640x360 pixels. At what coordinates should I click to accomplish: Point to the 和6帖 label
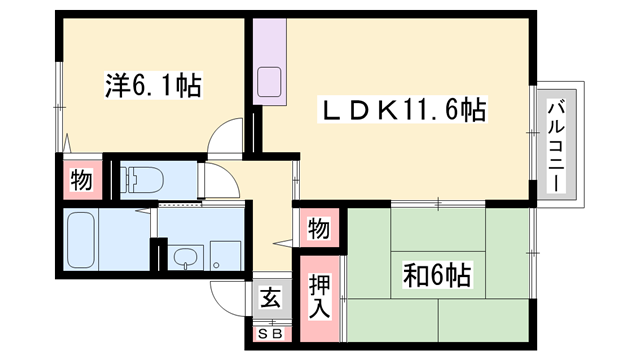[x=438, y=272]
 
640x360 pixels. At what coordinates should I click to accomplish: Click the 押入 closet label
[x=317, y=289]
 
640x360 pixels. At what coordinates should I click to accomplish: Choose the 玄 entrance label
[x=271, y=297]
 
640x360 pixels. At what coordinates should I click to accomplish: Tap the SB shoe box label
[x=270, y=333]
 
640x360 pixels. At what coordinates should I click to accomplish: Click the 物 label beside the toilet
[x=81, y=181]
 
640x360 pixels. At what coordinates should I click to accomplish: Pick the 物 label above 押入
[x=318, y=229]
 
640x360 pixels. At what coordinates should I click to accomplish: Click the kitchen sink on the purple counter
[x=270, y=82]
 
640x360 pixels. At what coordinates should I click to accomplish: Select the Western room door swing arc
[x=231, y=135]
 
